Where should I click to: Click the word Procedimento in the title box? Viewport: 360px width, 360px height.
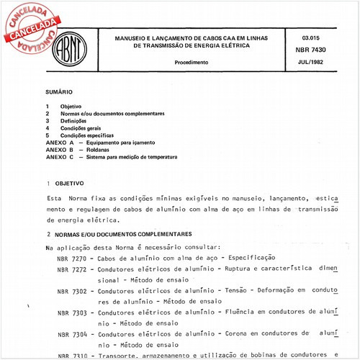[191, 63]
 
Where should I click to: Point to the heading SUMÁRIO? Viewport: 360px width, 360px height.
[58, 94]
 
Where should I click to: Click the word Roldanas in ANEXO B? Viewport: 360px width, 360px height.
[99, 149]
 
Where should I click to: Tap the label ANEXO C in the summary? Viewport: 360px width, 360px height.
[60, 156]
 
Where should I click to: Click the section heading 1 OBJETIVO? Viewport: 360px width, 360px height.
[66, 184]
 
